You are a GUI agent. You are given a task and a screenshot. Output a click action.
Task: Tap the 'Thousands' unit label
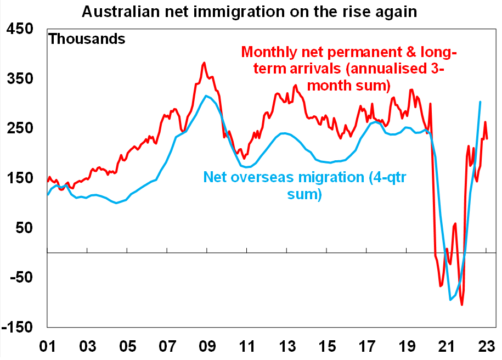point(87,39)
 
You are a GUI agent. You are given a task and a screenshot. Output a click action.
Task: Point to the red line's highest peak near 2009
point(204,63)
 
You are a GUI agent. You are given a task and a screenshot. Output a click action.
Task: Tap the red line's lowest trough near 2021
point(462,305)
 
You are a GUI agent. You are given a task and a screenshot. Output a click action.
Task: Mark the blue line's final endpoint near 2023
point(481,102)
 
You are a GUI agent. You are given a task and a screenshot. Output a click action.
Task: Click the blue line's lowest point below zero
point(451,299)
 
